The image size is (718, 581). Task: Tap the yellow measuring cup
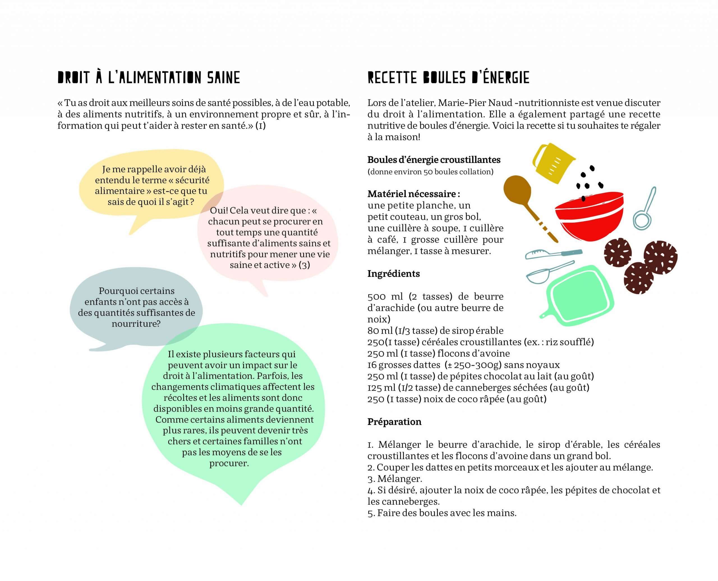(x=552, y=164)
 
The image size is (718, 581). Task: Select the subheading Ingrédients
(x=393, y=273)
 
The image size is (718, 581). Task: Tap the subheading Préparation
(x=394, y=421)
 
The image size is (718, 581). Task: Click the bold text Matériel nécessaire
(x=413, y=194)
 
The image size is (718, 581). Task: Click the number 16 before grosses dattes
(x=372, y=365)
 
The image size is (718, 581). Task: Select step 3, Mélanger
(x=395, y=479)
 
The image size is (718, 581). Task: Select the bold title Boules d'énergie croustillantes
(x=434, y=160)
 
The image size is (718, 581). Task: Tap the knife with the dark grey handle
(x=554, y=254)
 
